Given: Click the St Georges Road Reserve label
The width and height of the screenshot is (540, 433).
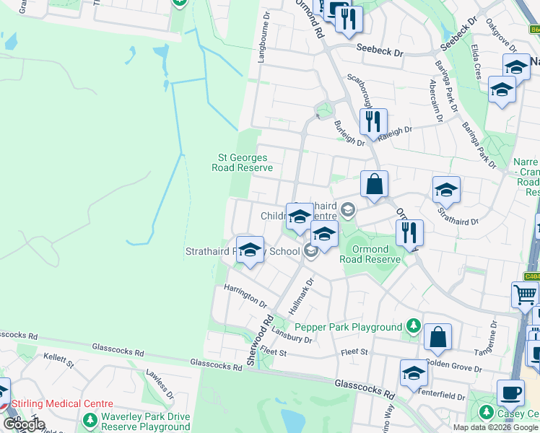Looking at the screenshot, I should (x=242, y=162).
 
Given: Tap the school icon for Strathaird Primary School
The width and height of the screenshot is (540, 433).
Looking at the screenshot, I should (x=250, y=250).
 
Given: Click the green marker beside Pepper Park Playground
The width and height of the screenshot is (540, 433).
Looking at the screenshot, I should (x=412, y=327).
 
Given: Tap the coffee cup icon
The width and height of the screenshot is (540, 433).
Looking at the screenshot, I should (x=510, y=393).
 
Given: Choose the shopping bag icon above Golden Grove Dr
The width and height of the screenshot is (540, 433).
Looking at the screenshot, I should (x=437, y=337).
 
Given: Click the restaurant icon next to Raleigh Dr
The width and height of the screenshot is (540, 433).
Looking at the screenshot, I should (x=373, y=121).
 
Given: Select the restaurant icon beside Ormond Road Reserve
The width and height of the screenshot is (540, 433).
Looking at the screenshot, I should (x=409, y=232).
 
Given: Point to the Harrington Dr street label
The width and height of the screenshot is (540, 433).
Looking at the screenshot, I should (x=245, y=297).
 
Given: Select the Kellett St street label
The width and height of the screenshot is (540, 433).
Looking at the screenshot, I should (x=59, y=360).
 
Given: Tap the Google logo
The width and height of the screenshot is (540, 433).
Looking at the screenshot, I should (x=23, y=424).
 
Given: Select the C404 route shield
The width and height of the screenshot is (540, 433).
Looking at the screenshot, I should (x=531, y=276).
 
